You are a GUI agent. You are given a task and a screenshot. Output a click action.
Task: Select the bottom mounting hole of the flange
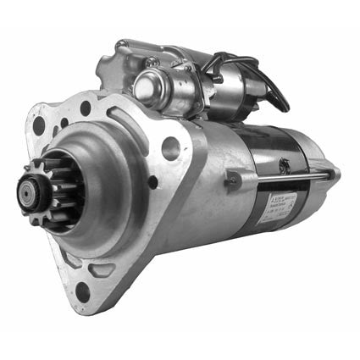click(82, 291)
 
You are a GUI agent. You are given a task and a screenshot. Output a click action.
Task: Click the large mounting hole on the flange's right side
click(170, 149)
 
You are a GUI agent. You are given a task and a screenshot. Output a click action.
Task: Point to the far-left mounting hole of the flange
click(39, 125)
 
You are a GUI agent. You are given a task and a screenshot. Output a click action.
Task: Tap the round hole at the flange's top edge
click(86, 108)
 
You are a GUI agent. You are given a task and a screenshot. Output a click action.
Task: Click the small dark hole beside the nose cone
click(152, 181)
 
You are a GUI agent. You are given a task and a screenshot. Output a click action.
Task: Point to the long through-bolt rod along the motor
click(288, 178)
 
